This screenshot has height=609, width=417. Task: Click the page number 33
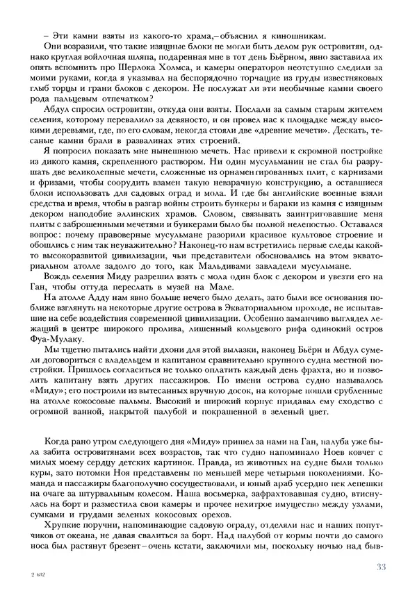click(380, 567)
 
